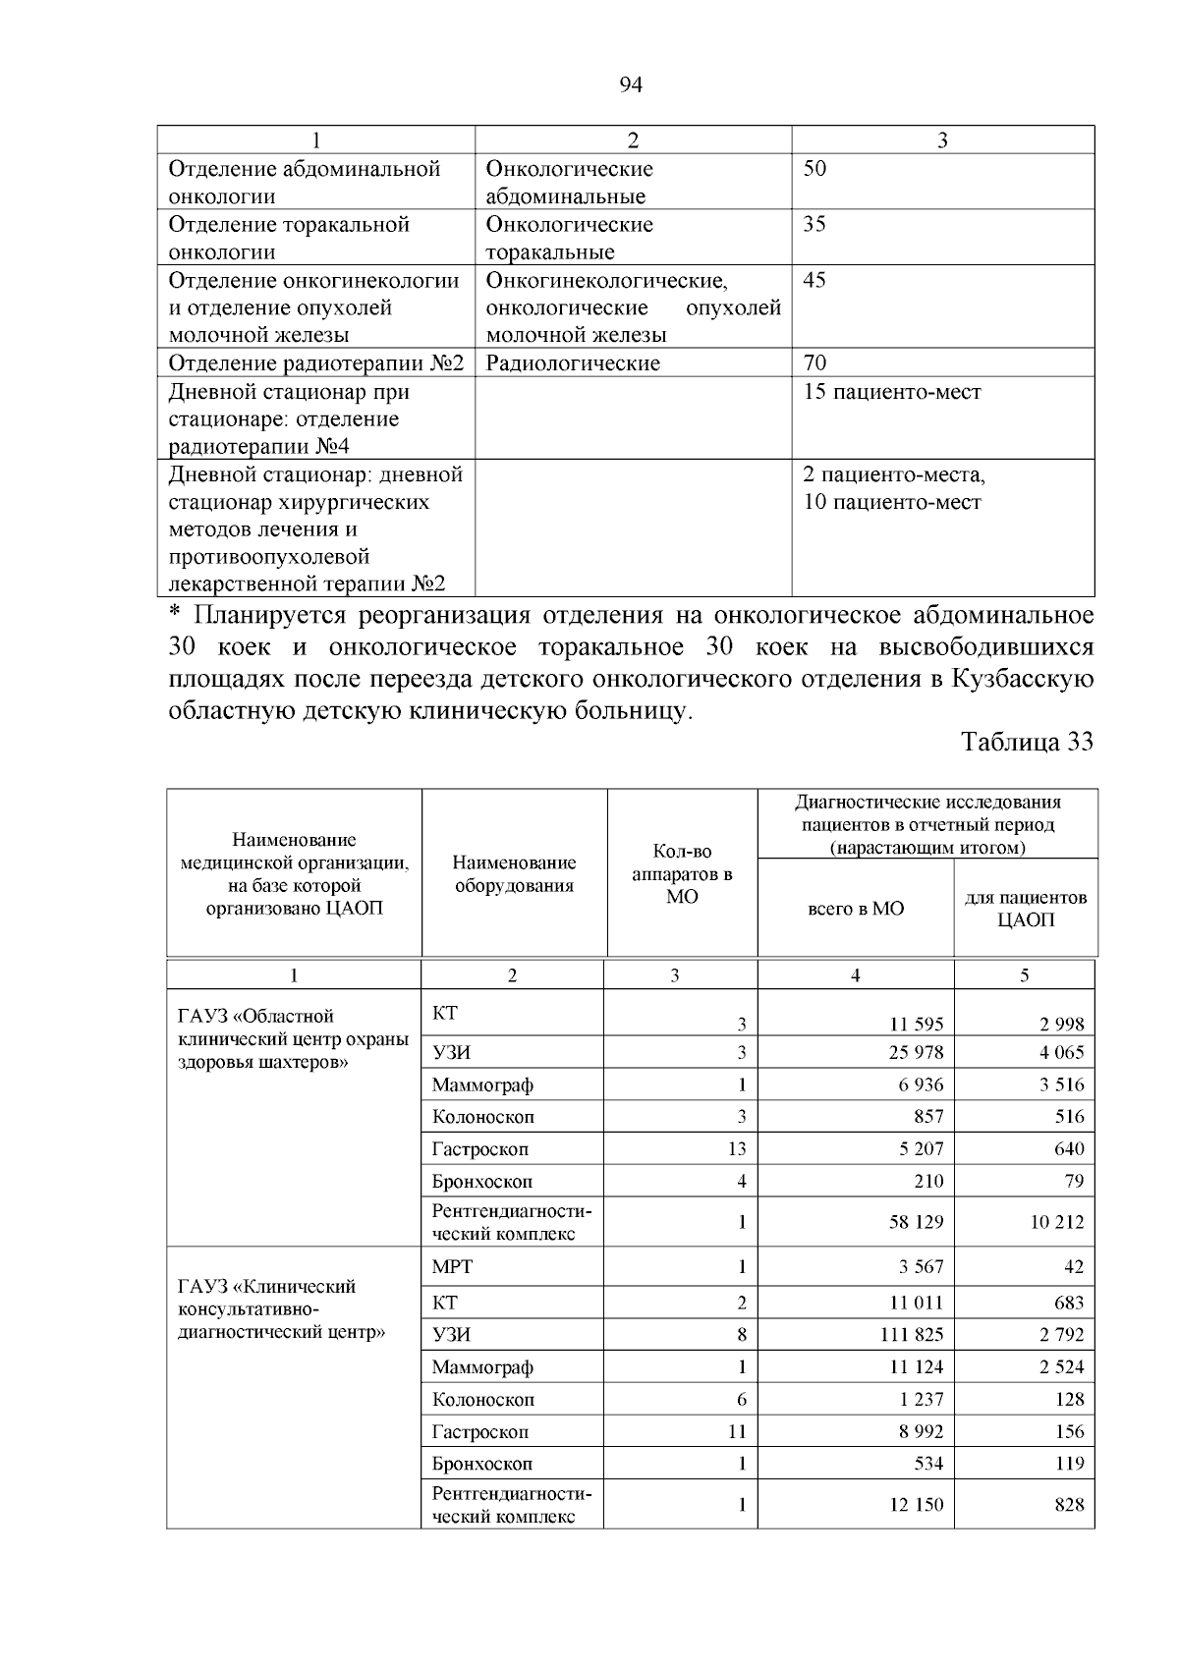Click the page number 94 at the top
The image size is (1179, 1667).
point(631,85)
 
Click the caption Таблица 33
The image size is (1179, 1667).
point(1027,742)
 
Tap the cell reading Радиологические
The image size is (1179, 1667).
point(573,363)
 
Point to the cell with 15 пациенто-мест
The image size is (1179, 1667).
point(892,392)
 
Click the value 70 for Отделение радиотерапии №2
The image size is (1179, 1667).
point(815,363)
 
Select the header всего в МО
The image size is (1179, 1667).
point(855,909)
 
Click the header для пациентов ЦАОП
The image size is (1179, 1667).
point(1025,909)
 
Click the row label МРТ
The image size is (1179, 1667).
point(452,1267)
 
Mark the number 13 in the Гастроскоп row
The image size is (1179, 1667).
point(736,1149)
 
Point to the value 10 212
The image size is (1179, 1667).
point(1057,1223)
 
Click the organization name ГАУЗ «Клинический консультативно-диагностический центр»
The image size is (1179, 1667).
point(280,1309)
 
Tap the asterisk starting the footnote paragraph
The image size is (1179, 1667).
point(175,617)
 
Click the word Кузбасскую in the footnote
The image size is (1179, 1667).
point(1022,680)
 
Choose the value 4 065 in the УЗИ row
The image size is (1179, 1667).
point(1061,1053)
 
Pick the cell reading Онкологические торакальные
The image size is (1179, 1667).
point(570,238)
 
